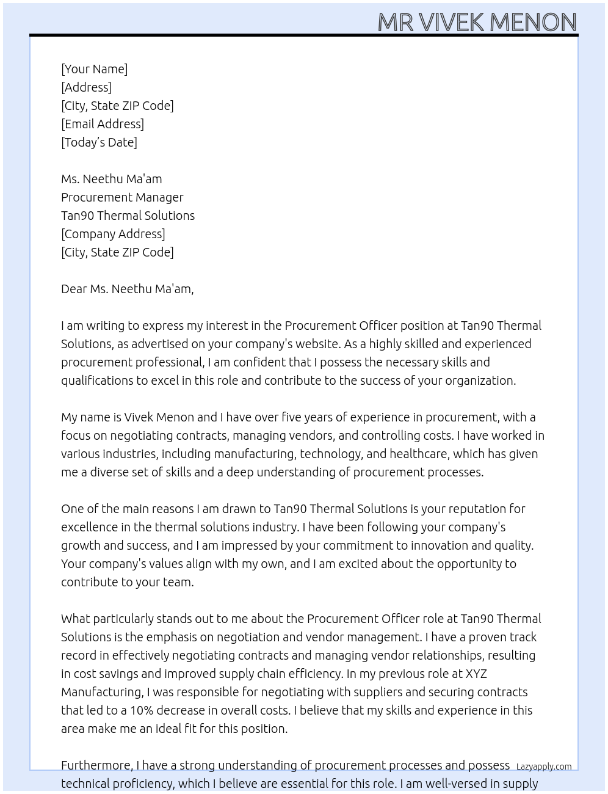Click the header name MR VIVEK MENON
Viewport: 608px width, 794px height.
477,22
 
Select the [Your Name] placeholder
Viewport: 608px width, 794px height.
94,69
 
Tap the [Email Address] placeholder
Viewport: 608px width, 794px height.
103,124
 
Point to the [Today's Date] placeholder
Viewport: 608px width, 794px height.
99,142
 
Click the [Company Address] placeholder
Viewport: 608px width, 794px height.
113,234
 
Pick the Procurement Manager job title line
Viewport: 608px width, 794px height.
122,197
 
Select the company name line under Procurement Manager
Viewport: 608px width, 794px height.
128,216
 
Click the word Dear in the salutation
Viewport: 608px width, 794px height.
74,289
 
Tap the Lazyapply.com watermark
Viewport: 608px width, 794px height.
543,767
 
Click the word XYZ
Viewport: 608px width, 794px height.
476,674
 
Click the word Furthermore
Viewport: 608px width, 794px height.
96,765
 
